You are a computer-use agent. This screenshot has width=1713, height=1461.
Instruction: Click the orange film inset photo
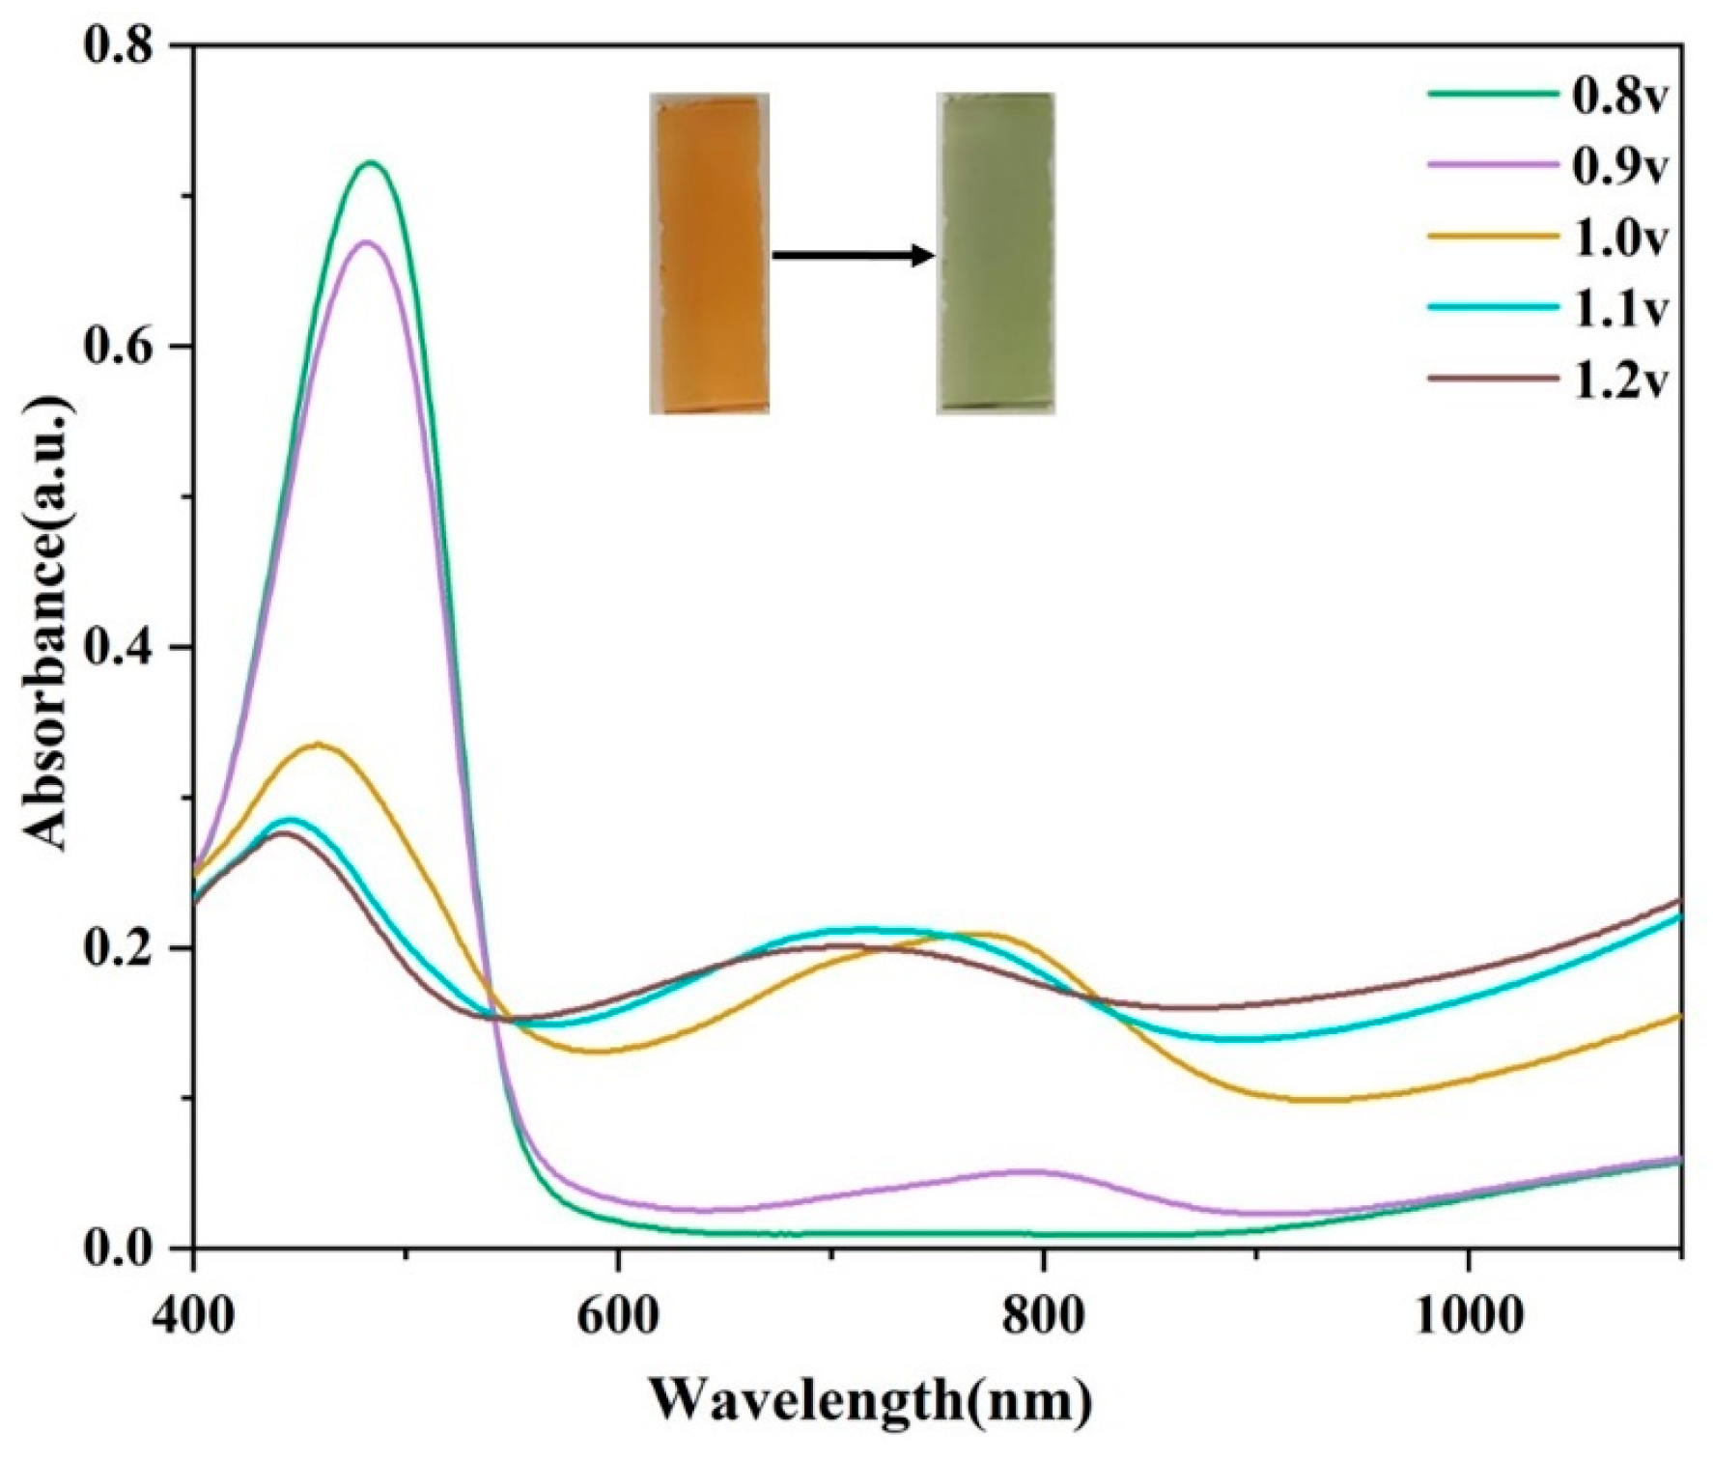(x=710, y=254)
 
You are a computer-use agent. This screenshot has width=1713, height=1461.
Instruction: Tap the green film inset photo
(x=996, y=253)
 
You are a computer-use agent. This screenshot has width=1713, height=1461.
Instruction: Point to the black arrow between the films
(x=854, y=256)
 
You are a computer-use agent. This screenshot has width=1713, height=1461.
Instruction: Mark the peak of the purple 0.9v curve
(x=364, y=241)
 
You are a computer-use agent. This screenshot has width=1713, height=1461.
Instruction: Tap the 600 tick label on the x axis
(x=618, y=1316)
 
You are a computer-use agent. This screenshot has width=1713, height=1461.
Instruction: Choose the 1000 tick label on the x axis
(x=1468, y=1316)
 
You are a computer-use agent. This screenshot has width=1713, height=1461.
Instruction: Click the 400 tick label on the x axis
(x=194, y=1316)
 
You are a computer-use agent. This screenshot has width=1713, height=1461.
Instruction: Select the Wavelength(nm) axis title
(x=870, y=1399)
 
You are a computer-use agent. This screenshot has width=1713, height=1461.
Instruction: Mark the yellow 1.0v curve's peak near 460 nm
(x=317, y=744)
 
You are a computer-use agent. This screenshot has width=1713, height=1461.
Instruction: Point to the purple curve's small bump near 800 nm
(x=1033, y=1171)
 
